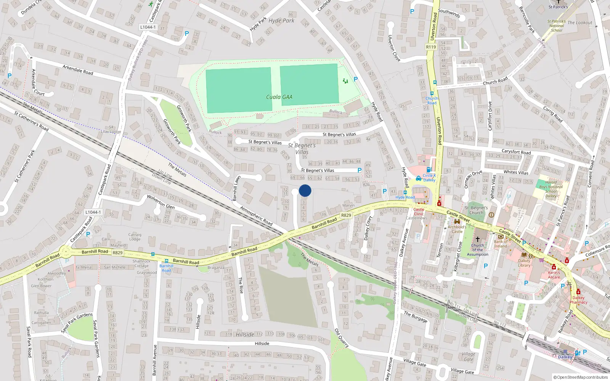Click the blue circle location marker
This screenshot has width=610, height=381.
click(305, 190)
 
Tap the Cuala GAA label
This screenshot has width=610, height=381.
click(279, 97)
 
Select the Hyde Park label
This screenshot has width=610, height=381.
click(281, 21)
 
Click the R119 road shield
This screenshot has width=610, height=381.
click(431, 47)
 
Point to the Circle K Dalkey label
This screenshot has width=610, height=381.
click(429, 178)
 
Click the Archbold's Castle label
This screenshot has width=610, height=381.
click(457, 229)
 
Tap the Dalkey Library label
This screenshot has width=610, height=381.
click(524, 263)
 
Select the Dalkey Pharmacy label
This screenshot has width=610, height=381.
click(578, 300)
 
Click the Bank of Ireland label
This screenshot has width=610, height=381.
click(501, 243)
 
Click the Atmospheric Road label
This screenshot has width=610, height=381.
click(256, 216)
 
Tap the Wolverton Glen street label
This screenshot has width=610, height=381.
click(161, 202)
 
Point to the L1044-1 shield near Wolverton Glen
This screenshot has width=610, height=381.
click(93, 212)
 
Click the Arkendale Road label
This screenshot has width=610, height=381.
click(78, 70)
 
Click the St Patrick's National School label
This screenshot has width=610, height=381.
click(556, 26)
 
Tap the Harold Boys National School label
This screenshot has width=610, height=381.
click(551, 189)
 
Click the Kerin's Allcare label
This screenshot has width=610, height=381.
click(554, 275)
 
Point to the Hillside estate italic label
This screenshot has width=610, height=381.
click(245, 335)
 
